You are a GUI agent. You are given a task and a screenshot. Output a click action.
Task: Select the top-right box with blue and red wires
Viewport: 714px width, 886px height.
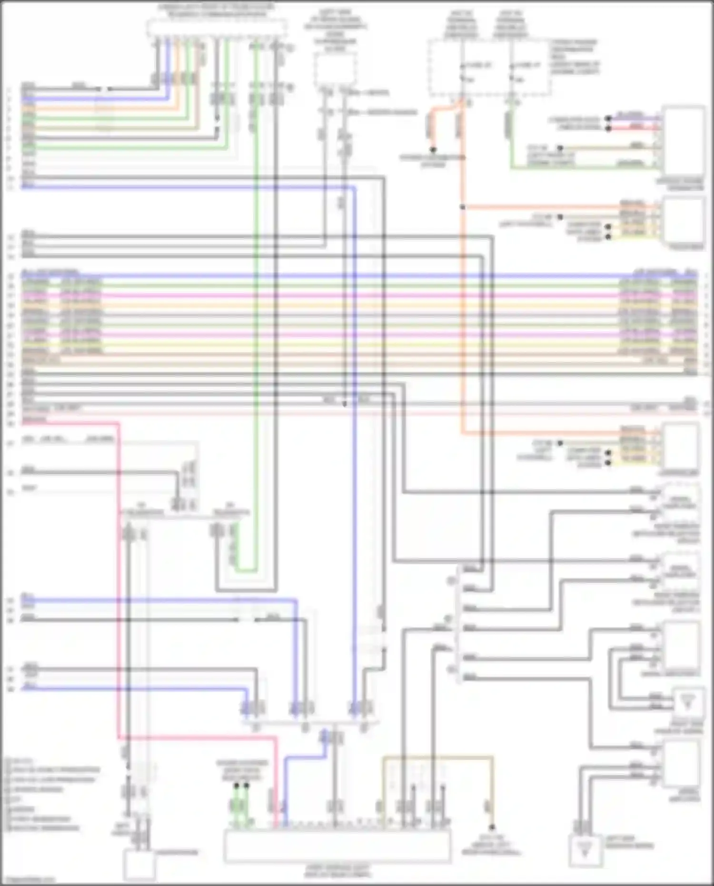684,141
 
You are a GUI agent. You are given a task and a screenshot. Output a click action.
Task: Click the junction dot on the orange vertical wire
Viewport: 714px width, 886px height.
462,207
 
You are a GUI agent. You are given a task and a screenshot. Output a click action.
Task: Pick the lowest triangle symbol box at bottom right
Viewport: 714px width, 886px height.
585,851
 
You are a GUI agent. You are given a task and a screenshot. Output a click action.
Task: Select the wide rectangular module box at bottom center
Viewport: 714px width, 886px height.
337,846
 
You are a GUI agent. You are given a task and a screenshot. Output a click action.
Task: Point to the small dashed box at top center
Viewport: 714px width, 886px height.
335,70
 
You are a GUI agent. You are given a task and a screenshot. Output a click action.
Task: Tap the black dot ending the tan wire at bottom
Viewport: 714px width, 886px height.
492,827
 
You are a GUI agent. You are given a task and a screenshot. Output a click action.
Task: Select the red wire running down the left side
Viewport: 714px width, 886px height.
118,571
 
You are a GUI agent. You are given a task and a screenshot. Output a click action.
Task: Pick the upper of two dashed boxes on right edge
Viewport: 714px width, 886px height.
680,502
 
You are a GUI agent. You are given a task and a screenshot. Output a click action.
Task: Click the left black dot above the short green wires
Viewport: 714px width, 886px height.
236,786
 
